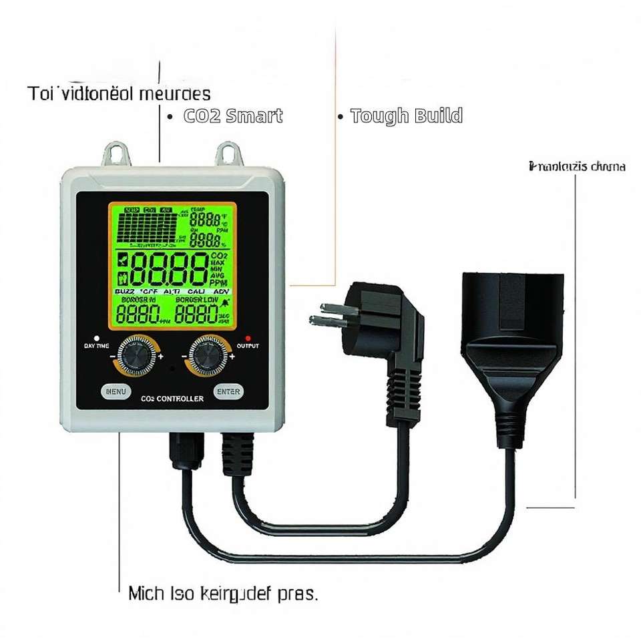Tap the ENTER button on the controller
228,392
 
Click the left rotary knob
137,356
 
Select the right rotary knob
208,356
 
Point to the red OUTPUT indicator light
248,338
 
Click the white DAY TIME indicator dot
97,338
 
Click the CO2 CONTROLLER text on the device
172,399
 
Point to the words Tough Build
406,116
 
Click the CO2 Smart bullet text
233,116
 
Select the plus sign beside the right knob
232,357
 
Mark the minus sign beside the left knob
112,357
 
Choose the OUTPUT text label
248,346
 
